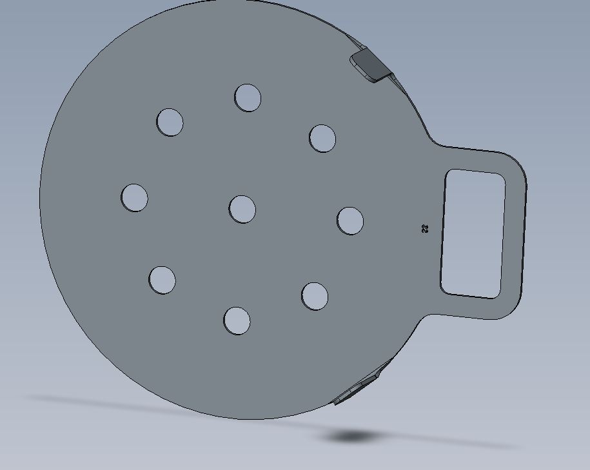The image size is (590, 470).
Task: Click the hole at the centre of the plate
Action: pyautogui.click(x=242, y=209)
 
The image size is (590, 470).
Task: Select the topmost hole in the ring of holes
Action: pyautogui.click(x=248, y=97)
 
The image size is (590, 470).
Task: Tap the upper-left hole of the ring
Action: pyautogui.click(x=170, y=122)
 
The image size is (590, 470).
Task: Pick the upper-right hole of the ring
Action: pyautogui.click(x=322, y=138)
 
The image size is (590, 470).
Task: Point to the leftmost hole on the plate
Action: pyautogui.click(x=134, y=197)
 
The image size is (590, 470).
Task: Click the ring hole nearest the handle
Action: pyautogui.click(x=350, y=220)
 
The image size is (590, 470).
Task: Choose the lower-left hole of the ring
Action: pyautogui.click(x=162, y=280)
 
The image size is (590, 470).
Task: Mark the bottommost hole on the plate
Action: pyautogui.click(x=237, y=320)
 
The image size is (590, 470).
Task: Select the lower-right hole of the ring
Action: pyautogui.click(x=315, y=295)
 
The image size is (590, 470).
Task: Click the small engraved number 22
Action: pyautogui.click(x=425, y=228)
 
